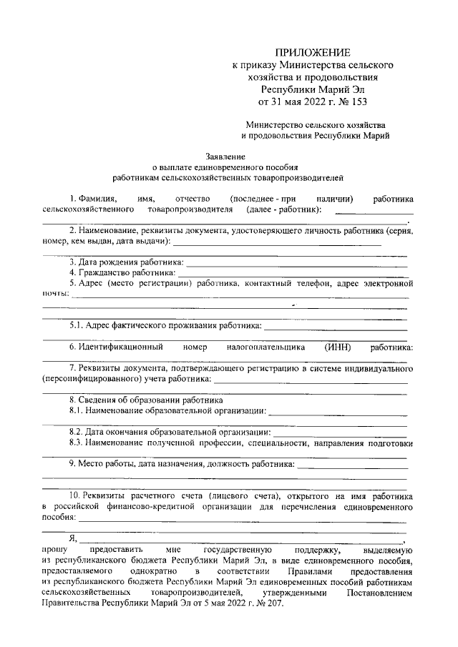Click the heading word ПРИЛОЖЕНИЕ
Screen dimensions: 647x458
[314, 52]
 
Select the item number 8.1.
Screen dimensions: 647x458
[78, 411]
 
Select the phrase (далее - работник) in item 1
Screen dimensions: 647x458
[283, 209]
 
